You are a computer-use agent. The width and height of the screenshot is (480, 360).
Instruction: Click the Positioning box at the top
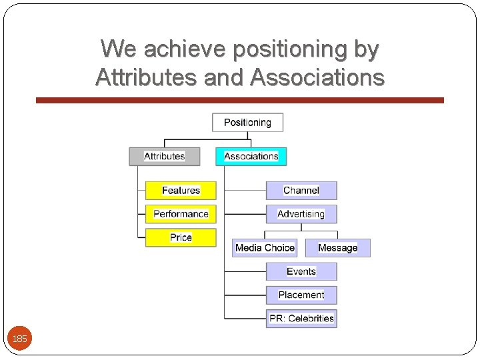click(x=247, y=123)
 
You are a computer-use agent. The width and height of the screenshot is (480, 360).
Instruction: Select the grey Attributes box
click(x=165, y=157)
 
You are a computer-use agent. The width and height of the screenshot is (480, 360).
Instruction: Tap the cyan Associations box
click(x=251, y=157)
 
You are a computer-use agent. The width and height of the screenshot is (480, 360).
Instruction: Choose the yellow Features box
click(x=181, y=191)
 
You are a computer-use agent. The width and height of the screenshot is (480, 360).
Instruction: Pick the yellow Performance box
click(x=181, y=214)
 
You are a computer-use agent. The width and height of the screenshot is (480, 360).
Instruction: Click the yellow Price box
click(x=181, y=237)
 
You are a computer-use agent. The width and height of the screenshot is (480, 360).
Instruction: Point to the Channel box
click(x=301, y=191)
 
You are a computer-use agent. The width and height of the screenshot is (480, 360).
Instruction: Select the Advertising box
click(x=301, y=214)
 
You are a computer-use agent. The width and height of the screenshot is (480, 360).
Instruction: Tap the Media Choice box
click(x=265, y=248)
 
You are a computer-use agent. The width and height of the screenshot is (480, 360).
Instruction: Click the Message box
click(x=337, y=248)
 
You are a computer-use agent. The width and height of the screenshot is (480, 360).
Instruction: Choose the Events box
click(x=301, y=271)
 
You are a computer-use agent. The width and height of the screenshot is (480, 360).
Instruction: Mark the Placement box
click(x=301, y=295)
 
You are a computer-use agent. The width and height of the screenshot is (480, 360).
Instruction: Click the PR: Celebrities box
click(x=301, y=319)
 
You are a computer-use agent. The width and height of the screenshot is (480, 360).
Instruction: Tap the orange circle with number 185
click(x=20, y=339)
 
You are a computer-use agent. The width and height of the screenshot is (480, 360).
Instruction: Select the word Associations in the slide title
click(x=317, y=78)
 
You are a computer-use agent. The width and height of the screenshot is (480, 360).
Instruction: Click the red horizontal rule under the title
click(x=239, y=100)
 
